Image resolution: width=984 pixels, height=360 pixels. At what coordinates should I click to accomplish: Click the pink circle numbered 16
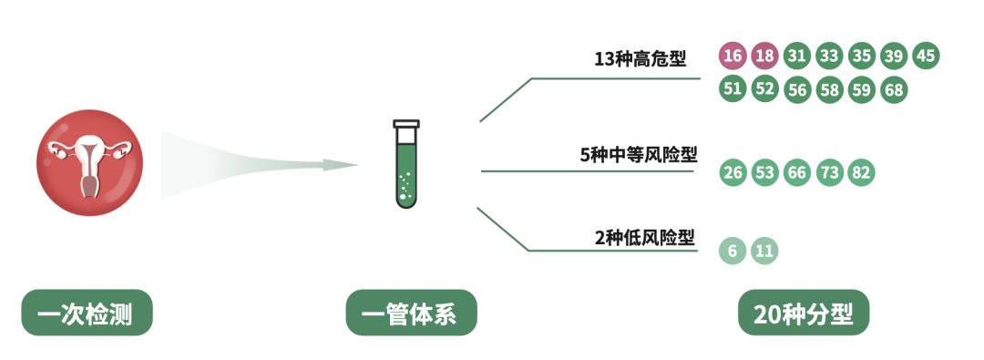(732, 56)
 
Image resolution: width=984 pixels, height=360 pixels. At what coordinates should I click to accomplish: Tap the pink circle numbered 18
(764, 56)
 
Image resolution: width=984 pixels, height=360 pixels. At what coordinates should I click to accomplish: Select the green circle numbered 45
(925, 56)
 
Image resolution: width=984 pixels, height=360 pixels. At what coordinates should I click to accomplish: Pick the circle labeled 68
(894, 89)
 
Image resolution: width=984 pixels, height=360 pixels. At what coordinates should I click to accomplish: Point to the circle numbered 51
(732, 89)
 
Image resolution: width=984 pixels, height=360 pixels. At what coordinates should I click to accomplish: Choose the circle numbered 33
(829, 56)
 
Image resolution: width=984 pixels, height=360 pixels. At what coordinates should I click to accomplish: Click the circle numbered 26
(732, 172)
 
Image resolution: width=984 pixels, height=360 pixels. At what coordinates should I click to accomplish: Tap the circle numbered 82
(861, 172)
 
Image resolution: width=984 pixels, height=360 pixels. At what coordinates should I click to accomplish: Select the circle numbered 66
(796, 172)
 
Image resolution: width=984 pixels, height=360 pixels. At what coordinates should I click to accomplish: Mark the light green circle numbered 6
(732, 252)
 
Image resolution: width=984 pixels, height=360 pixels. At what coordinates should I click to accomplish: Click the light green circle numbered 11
(764, 252)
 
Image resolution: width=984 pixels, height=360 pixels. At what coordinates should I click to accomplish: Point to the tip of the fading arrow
(357, 165)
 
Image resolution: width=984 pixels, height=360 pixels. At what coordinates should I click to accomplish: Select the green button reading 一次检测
(87, 314)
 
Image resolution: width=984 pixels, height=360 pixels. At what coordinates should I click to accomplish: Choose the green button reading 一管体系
(411, 314)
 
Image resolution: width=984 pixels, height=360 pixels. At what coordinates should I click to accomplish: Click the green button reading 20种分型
(803, 314)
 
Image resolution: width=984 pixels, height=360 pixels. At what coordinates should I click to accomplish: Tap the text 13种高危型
(640, 60)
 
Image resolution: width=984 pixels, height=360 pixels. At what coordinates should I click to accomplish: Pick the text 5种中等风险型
(639, 155)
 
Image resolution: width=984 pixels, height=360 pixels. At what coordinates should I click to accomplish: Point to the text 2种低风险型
(645, 239)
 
